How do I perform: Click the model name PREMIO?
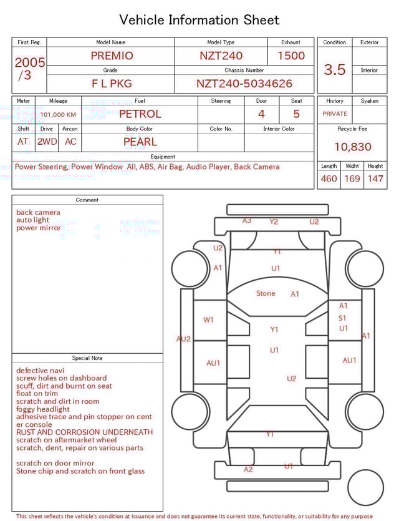(112, 56)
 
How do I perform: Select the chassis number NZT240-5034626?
(244, 84)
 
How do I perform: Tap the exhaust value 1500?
(291, 56)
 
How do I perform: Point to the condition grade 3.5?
(335, 70)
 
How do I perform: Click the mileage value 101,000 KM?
(58, 115)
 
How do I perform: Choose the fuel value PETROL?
(140, 114)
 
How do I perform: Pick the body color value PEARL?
(140, 142)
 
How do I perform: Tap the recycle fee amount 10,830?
(352, 147)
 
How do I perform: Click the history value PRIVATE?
(335, 114)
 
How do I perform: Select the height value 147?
(375, 179)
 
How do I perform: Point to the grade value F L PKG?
(112, 84)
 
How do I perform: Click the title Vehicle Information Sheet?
(199, 20)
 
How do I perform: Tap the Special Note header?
(87, 358)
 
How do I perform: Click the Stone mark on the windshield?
(266, 293)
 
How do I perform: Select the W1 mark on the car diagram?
(208, 320)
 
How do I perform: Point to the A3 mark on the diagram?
(247, 221)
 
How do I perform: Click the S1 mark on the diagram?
(342, 318)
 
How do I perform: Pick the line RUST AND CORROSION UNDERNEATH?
(84, 432)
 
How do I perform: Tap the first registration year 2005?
(30, 62)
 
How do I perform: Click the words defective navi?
(41, 371)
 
